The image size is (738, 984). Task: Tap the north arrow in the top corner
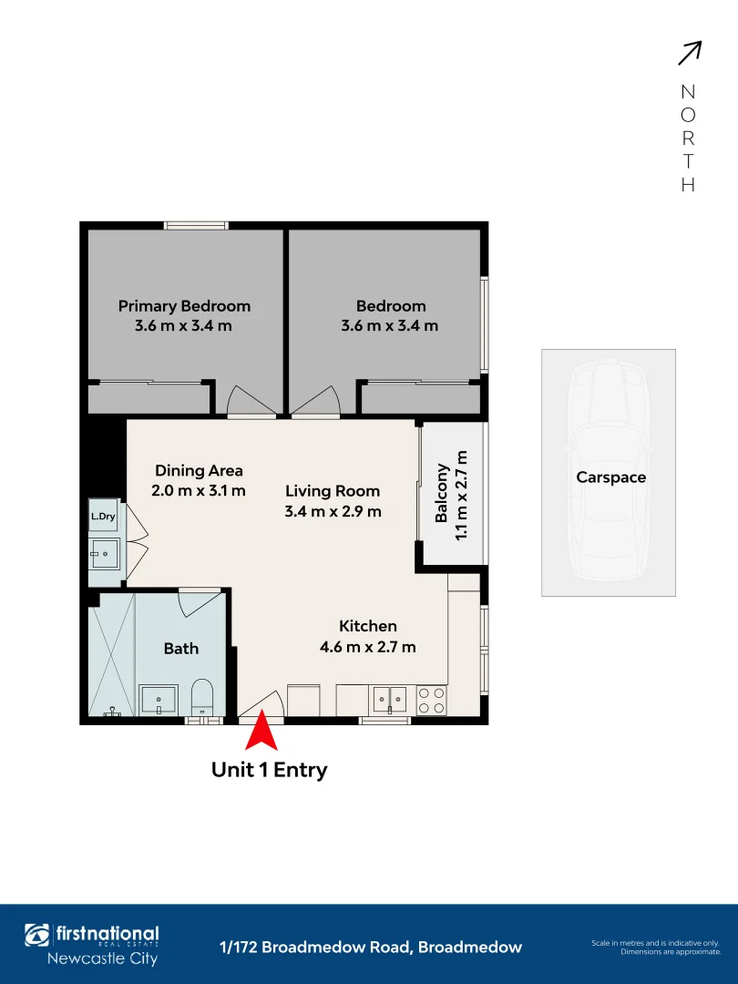[689, 54]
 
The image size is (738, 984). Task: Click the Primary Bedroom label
[184, 306]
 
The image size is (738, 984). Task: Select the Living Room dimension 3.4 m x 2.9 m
[333, 511]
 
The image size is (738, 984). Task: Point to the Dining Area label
[199, 471]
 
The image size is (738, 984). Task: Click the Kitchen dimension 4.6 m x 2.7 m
[368, 647]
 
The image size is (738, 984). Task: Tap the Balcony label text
[442, 493]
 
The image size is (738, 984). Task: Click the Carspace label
[610, 477]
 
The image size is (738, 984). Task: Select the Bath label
[180, 649]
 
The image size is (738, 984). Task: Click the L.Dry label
[102, 517]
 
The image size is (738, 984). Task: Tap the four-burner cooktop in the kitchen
[432, 700]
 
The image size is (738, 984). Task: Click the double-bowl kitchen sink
[390, 700]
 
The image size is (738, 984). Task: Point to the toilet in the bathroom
[202, 696]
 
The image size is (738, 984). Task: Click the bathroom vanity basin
[159, 700]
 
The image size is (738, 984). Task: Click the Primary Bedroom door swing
[250, 402]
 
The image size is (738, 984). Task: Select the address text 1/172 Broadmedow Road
[371, 948]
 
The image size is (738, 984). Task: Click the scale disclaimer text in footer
[655, 948]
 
